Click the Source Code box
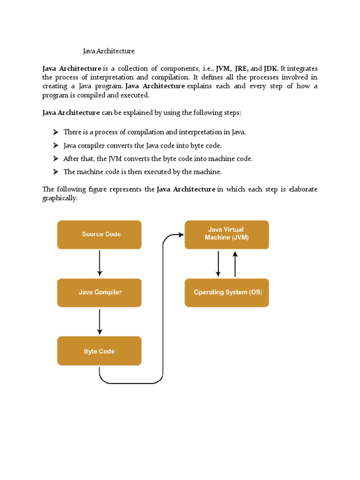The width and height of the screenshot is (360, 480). coord(99,234)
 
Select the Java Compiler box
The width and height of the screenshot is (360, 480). coord(99,292)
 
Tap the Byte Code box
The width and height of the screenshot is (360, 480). coord(99,351)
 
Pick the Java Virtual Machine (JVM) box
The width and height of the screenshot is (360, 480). coord(227,234)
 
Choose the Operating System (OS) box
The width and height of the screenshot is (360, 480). coord(227,292)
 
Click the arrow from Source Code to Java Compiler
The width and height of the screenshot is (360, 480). coord(99,263)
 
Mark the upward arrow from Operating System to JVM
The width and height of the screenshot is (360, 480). coord(235,263)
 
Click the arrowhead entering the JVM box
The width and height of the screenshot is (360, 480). coord(180,234)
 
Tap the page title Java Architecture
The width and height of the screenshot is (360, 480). coord(109,51)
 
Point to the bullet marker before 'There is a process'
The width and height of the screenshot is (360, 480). coord(55,132)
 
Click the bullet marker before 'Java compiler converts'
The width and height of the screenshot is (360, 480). coord(55,145)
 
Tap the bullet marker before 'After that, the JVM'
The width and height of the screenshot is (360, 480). coord(55,158)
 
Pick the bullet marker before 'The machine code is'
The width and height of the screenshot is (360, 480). coord(55,172)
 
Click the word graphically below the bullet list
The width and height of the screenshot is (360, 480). coord(60,198)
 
